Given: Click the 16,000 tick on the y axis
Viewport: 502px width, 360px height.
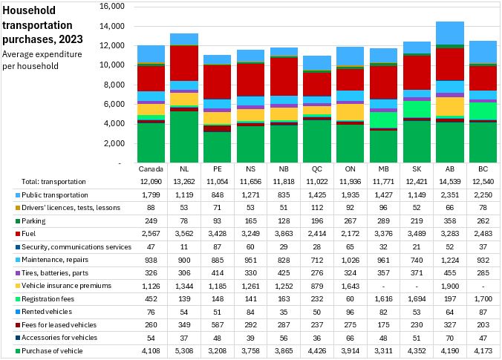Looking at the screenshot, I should click(114, 7).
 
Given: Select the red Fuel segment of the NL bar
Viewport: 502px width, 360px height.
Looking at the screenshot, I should click(183, 63).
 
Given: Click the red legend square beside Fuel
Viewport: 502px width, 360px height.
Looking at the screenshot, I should click(6, 232).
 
